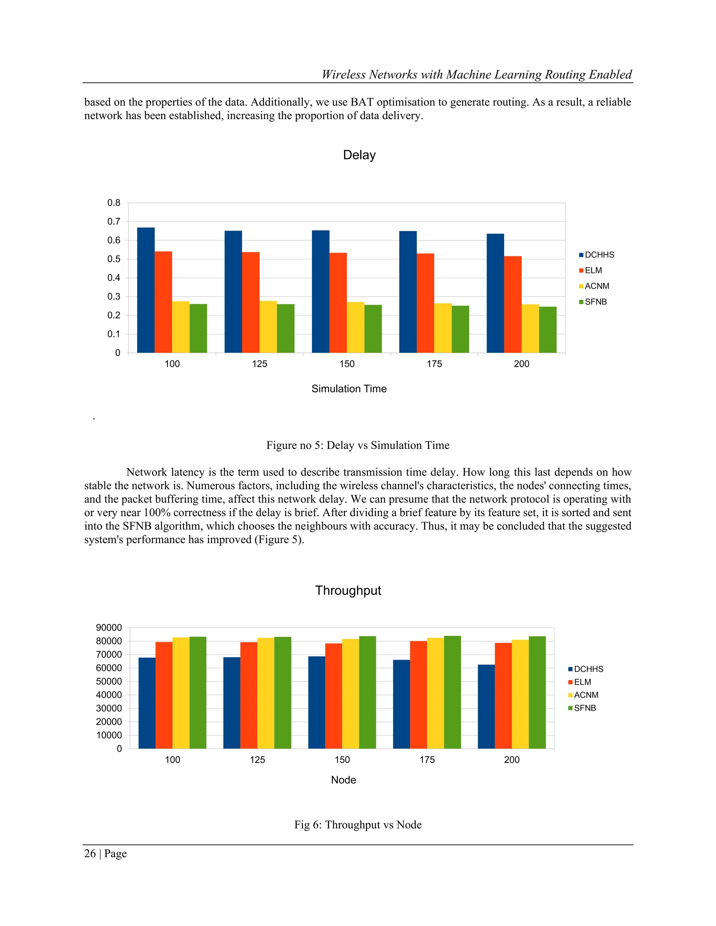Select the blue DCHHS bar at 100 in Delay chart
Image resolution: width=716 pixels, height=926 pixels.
145,290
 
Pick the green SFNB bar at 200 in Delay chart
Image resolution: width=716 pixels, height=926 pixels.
547,330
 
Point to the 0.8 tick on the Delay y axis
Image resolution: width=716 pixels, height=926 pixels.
114,203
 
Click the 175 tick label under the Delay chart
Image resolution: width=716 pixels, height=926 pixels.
434,364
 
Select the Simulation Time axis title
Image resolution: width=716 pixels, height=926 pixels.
349,389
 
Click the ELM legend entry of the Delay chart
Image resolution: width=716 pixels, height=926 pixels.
593,270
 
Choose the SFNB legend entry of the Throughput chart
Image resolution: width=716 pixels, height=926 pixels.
584,708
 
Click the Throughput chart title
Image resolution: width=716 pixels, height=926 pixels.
348,591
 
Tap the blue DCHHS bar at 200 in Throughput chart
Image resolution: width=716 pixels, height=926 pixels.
486,707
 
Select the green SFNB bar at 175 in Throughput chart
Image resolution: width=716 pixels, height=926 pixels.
452,692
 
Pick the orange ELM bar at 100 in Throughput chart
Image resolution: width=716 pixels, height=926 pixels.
164,695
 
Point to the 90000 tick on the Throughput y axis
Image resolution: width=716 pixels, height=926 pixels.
109,628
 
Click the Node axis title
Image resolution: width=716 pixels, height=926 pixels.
343,780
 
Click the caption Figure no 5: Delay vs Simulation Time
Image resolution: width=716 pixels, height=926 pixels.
358,445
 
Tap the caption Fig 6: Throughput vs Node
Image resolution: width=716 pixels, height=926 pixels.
358,825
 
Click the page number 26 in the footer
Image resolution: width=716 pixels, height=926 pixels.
90,854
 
